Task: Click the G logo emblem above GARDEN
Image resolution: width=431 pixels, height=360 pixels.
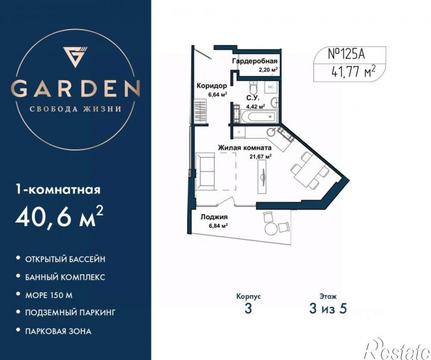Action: [75, 57]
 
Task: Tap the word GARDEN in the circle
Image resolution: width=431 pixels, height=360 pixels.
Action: [75, 89]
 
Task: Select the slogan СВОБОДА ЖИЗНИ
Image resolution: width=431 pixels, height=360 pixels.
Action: [75, 109]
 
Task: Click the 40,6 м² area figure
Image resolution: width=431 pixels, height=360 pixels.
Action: [59, 217]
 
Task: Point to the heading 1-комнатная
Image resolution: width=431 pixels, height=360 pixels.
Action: [58, 190]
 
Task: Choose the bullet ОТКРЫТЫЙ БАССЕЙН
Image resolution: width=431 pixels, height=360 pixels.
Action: [65, 259]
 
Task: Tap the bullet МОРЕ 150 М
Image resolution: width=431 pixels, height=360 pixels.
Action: [49, 295]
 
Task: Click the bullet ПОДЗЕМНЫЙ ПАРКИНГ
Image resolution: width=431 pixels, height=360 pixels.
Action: [70, 312]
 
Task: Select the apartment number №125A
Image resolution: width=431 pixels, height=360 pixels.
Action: [347, 54]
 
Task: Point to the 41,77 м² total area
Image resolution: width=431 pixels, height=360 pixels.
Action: [354, 72]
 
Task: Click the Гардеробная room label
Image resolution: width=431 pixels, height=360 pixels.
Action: [255, 61]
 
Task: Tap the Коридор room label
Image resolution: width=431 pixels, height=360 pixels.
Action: [212, 86]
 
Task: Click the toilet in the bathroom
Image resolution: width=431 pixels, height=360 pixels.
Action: [253, 87]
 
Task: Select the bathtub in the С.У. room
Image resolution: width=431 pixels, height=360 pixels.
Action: [259, 117]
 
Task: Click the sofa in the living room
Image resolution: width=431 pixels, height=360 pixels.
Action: [205, 171]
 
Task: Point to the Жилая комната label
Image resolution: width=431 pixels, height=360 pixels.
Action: [245, 148]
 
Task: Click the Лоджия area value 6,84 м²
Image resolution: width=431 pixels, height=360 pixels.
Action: [218, 226]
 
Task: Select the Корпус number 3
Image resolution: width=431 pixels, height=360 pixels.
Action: [248, 309]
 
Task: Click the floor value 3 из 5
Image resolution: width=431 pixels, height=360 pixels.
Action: [328, 309]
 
